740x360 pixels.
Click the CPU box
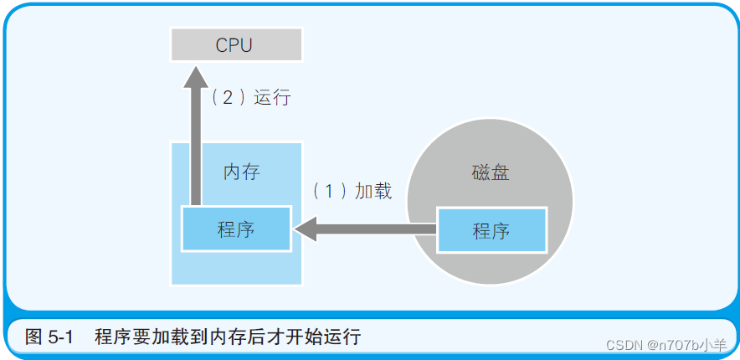pyautogui.click(x=234, y=44)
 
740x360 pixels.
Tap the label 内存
pyautogui.click(x=241, y=172)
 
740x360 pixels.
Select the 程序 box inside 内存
pyautogui.click(x=236, y=229)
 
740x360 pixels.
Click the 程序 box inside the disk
pyautogui.click(x=491, y=230)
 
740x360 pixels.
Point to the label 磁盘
pyautogui.click(x=491, y=173)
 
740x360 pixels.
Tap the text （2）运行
pyautogui.click(x=250, y=98)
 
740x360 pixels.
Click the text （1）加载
pyautogui.click(x=352, y=191)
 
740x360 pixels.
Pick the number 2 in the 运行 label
pyautogui.click(x=227, y=98)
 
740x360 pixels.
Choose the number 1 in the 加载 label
pyautogui.click(x=329, y=191)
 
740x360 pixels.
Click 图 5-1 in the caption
pyautogui.click(x=50, y=337)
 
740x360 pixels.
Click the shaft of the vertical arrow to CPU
pyautogui.click(x=196, y=142)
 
